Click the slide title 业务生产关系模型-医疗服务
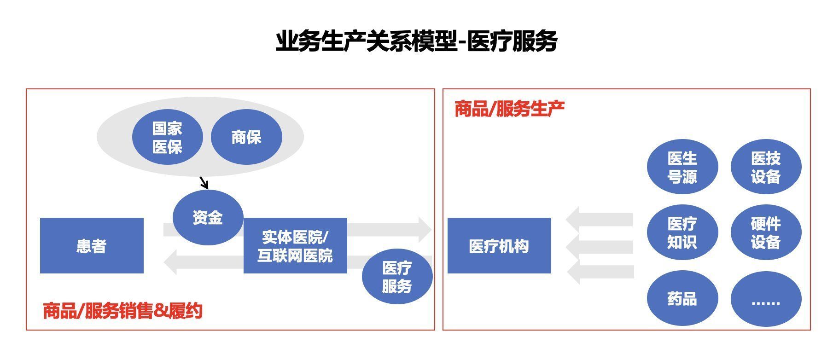(x=416, y=41)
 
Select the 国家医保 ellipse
(x=167, y=137)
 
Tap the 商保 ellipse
(x=246, y=137)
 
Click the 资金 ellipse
(x=208, y=217)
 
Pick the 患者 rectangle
(x=92, y=246)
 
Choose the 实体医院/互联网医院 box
(x=295, y=246)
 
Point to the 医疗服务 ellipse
(x=397, y=277)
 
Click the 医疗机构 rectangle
(x=499, y=246)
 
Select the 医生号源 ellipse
(x=682, y=167)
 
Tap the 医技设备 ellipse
(x=766, y=167)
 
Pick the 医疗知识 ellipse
(x=682, y=232)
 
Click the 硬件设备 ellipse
(x=766, y=232)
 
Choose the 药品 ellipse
(x=682, y=299)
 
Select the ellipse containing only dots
(x=766, y=299)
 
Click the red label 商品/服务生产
(x=510, y=109)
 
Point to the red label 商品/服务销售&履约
(x=122, y=311)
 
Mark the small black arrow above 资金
(x=204, y=183)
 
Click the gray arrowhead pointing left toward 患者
(x=170, y=262)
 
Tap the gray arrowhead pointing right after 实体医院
(x=425, y=229)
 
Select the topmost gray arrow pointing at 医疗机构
(x=599, y=220)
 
